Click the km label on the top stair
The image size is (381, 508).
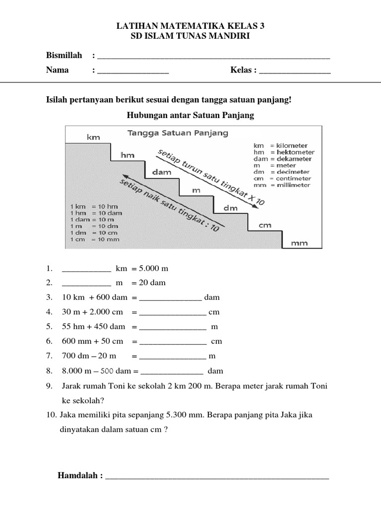[93, 137]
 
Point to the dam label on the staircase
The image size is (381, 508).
[158, 173]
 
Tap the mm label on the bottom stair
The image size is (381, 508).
[299, 243]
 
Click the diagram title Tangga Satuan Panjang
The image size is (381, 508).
[178, 133]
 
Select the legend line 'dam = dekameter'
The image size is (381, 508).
[284, 159]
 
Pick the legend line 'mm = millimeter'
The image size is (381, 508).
[284, 185]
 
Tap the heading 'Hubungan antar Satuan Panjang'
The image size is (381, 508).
[190, 115]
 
